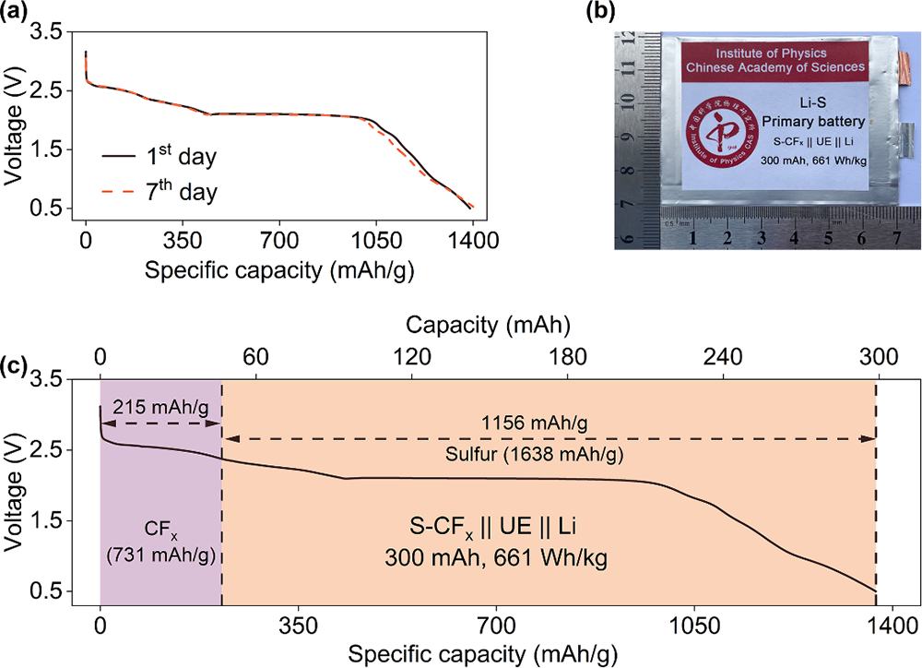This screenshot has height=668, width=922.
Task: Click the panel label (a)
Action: pos(15,12)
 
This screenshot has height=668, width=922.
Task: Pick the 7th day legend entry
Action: pos(160,192)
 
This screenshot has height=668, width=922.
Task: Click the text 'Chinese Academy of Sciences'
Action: pos(774,67)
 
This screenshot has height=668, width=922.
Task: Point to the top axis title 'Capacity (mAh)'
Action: pos(488,326)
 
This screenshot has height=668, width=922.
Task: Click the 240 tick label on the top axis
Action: pos(722,356)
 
